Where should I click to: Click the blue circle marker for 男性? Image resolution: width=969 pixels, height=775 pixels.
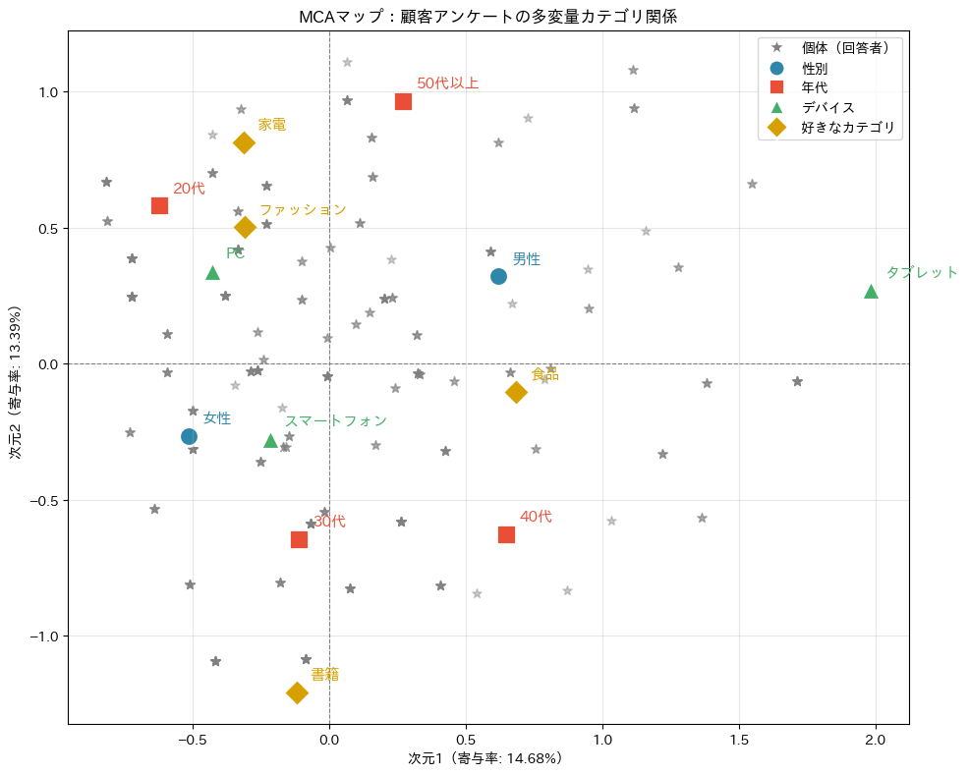pyautogui.click(x=498, y=276)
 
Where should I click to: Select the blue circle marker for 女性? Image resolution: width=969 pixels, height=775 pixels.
pyautogui.click(x=189, y=436)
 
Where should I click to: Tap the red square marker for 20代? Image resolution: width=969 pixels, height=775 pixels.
pyautogui.click(x=159, y=205)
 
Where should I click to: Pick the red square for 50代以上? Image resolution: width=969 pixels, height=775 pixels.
pyautogui.click(x=403, y=101)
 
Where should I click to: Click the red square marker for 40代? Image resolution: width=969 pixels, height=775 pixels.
pyautogui.click(x=506, y=534)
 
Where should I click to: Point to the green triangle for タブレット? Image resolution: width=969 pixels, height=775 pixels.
pyautogui.click(x=871, y=292)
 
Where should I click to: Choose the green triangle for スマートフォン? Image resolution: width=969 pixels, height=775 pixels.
pyautogui.click(x=270, y=440)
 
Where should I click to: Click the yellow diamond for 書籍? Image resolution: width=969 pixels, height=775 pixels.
pyautogui.click(x=297, y=692)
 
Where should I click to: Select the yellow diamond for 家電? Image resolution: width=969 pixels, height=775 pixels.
pyautogui.click(x=244, y=142)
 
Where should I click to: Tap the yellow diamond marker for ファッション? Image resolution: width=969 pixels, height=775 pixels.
pyautogui.click(x=245, y=227)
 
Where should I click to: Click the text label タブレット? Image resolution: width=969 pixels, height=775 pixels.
pyautogui.click(x=922, y=272)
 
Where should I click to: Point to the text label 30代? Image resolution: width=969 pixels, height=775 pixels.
pyautogui.click(x=330, y=522)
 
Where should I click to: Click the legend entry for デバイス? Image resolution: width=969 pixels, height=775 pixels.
pyautogui.click(x=827, y=107)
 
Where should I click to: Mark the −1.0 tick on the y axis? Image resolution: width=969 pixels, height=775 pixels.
pyautogui.click(x=42, y=636)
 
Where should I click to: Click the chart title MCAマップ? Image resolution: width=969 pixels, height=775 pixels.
pyautogui.click(x=488, y=17)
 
